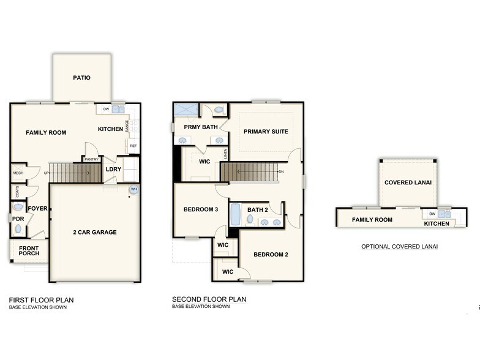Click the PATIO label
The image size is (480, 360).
click(x=81, y=78)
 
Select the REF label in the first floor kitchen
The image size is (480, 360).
click(x=133, y=146)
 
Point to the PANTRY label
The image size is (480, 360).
click(x=91, y=159)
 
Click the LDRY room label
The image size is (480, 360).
click(x=114, y=169)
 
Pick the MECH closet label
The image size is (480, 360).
click(x=18, y=173)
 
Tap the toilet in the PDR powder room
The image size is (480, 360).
click(x=18, y=229)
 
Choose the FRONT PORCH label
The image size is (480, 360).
click(x=28, y=251)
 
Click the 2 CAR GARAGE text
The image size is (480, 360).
click(x=94, y=232)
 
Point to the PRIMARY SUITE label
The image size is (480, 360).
click(x=266, y=132)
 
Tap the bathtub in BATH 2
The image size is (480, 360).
click(x=235, y=216)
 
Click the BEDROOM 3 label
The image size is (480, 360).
click(x=201, y=210)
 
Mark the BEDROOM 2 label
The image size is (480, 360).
click(x=271, y=254)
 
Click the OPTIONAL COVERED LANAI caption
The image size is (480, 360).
click(x=399, y=247)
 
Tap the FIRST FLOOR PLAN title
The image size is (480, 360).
click(x=41, y=299)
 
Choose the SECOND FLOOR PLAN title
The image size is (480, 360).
click(x=209, y=299)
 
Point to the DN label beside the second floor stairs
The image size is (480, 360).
click(x=281, y=172)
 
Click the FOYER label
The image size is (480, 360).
click(x=37, y=208)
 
